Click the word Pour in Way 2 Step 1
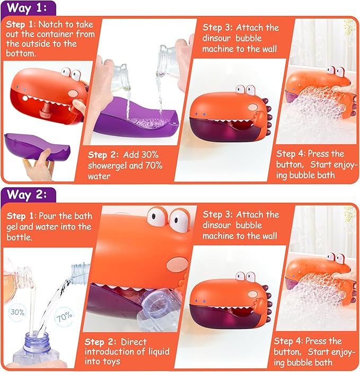point(51,216)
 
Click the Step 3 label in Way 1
point(219,28)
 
